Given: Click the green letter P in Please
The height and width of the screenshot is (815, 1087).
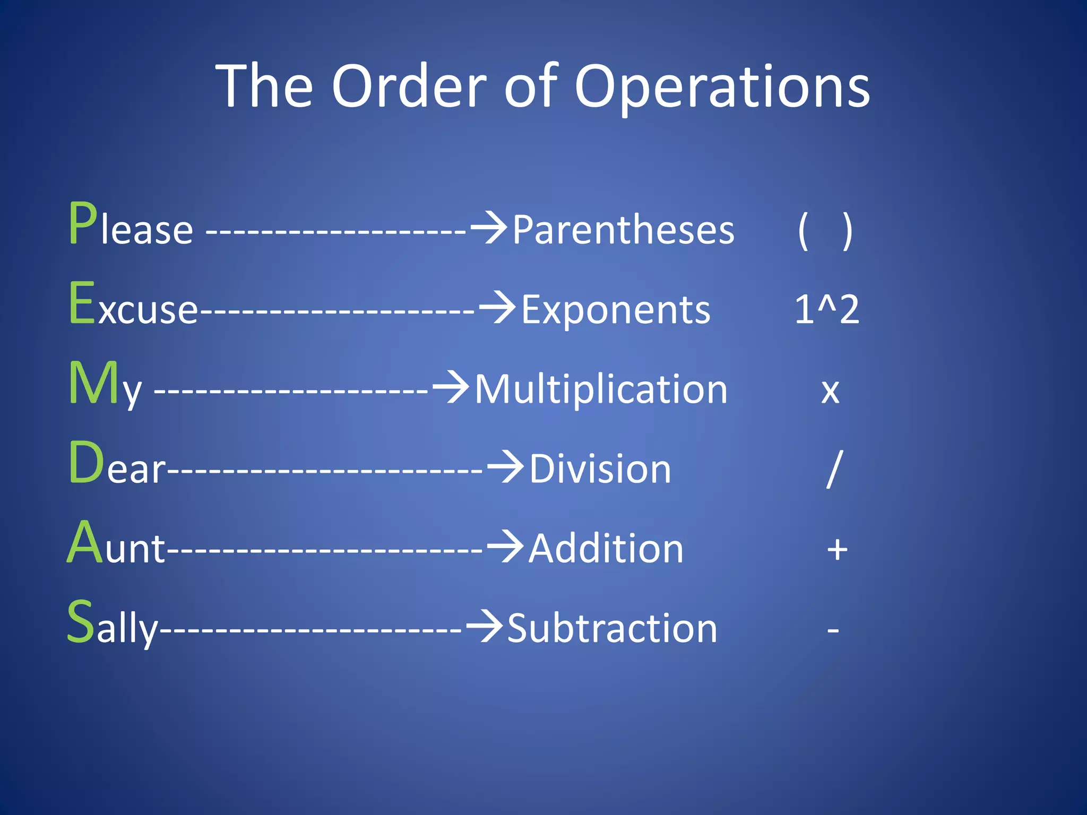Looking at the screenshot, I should coord(83,224).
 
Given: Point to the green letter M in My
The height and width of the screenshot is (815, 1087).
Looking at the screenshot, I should coord(94,383).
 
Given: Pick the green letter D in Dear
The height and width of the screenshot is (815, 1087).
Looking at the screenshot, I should coord(86,463).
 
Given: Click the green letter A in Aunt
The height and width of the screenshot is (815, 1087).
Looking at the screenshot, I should coord(85,542).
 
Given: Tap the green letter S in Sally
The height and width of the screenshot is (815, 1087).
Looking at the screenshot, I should coord(81,621).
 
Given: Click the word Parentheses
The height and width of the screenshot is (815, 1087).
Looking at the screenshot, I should coord(623,230).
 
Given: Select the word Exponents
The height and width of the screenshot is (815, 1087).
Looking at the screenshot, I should coord(616,310).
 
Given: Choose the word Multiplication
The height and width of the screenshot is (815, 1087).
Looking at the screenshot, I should coord(601,389).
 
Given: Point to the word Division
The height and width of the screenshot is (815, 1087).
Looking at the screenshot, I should coord(600,470).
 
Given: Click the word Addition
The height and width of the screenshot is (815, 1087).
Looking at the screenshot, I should coord(606,549).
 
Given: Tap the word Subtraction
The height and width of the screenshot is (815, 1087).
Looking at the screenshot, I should coord(612,629).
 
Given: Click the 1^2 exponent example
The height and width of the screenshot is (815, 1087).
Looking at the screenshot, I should coord(826,310).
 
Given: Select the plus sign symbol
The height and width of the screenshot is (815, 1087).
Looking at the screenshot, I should coord(837,550).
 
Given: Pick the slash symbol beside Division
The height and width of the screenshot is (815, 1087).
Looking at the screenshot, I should coord(834,469).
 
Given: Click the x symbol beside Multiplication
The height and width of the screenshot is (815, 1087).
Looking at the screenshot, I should coord(830,392).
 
